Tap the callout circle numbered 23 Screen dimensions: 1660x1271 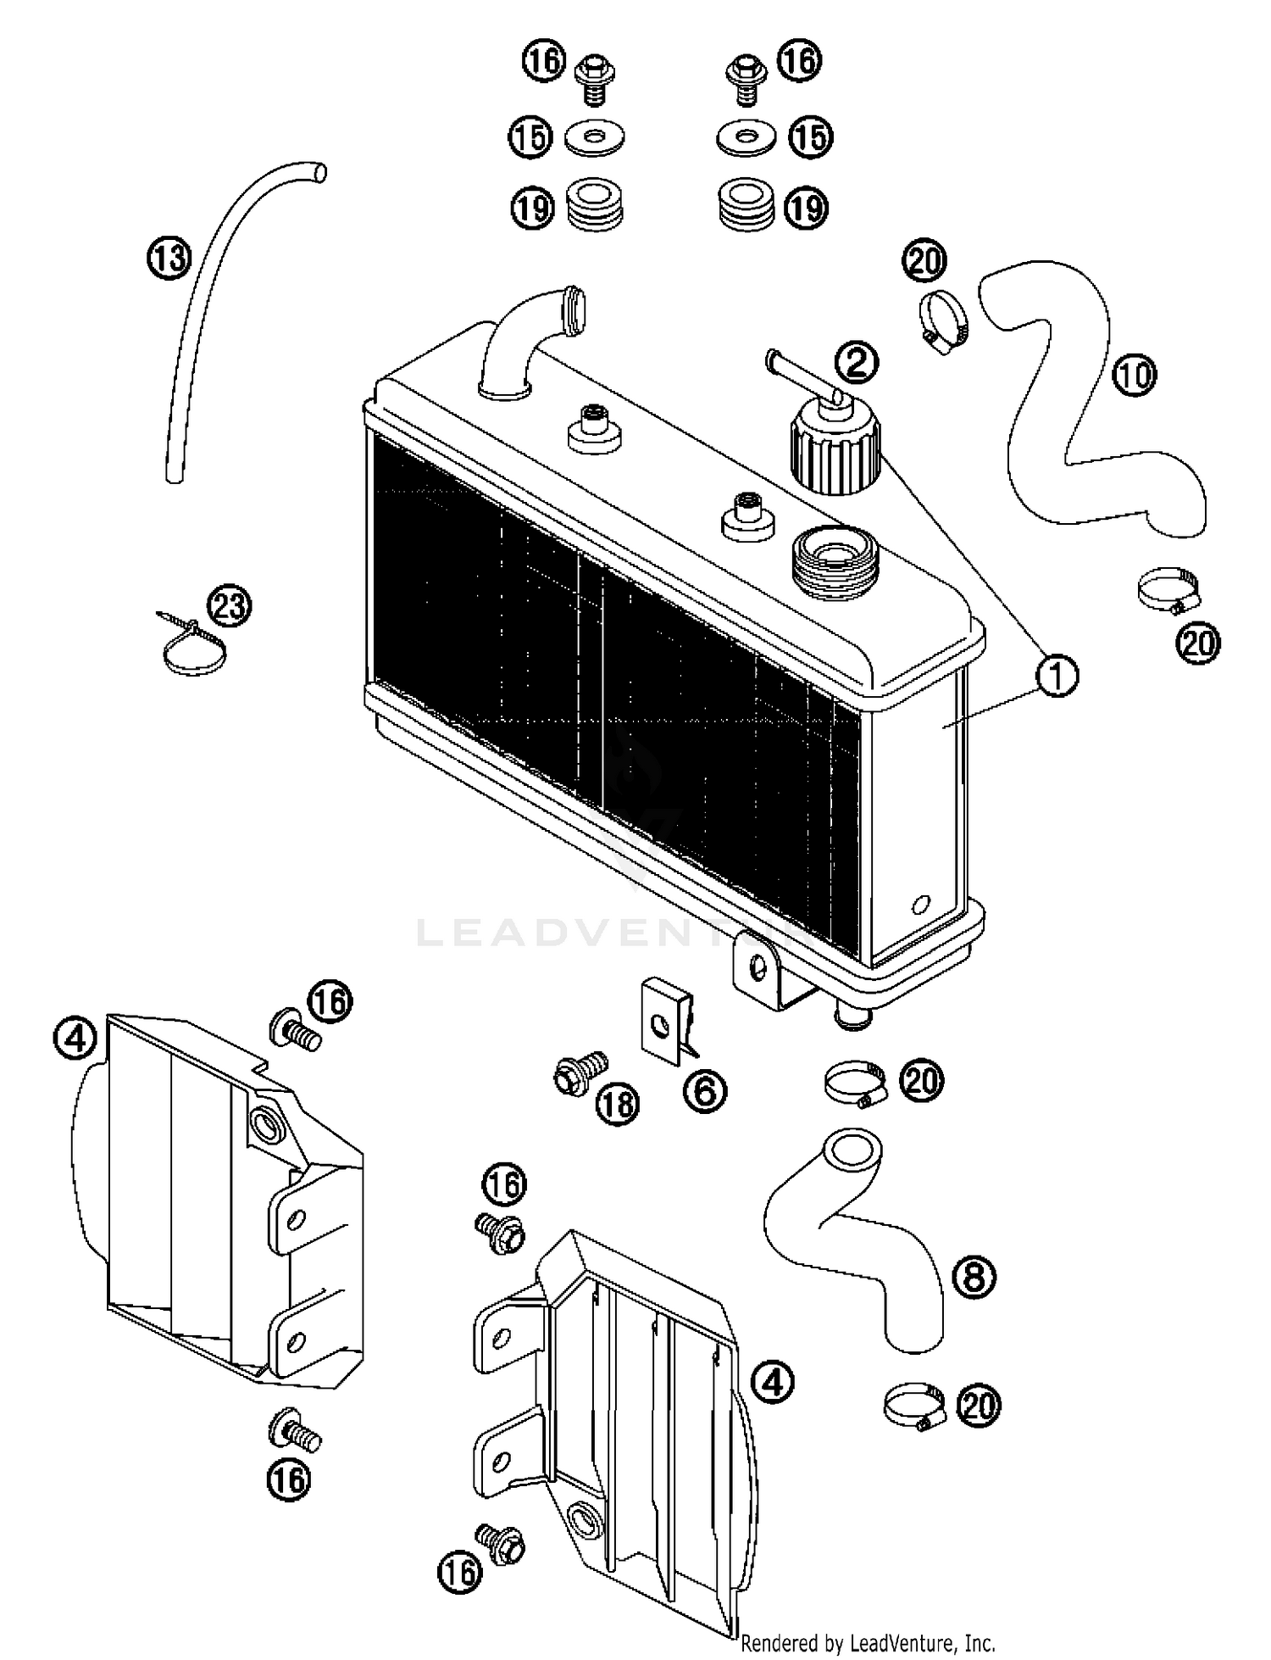click(230, 607)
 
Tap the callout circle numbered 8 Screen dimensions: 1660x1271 click(974, 1276)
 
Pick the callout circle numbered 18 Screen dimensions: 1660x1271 click(617, 1103)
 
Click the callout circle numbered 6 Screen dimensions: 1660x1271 click(704, 1090)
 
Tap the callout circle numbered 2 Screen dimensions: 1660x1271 click(856, 363)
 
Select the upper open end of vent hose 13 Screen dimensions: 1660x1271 click(319, 172)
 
